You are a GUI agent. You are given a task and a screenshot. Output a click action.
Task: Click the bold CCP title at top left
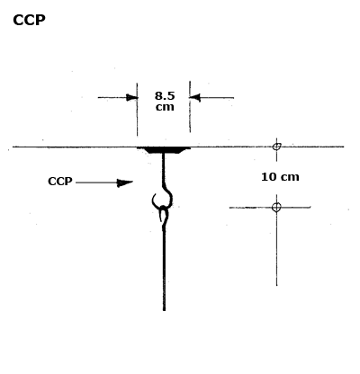tap(29, 21)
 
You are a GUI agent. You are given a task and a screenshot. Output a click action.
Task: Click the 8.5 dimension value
tap(165, 96)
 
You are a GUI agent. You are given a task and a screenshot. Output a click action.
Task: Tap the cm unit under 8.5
tap(165, 107)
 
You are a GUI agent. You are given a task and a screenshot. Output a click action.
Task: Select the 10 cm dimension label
tap(280, 177)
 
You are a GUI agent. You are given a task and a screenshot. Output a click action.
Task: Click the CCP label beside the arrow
tap(60, 182)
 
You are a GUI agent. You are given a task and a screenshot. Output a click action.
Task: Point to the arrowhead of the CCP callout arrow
tap(125, 183)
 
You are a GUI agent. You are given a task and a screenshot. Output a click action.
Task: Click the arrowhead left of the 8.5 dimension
tap(132, 97)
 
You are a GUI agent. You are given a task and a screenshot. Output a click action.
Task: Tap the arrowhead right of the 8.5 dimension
tap(195, 97)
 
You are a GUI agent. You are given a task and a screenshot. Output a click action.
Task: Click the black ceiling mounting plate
tap(164, 150)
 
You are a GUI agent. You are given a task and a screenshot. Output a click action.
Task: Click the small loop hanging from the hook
tap(164, 213)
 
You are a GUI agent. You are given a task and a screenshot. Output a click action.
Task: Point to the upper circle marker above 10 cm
tap(277, 147)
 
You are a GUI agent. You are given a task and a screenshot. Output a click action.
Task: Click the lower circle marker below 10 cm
tap(276, 207)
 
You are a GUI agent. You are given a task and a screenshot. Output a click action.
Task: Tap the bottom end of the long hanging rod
tap(164, 310)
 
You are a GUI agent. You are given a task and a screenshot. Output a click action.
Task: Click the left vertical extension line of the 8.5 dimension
tap(137, 110)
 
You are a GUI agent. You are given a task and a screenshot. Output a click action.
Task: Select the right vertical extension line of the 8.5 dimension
tap(190, 107)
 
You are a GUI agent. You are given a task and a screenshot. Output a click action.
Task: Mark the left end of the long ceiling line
tap(13, 147)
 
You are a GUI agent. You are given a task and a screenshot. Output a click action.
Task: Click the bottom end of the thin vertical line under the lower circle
tap(276, 286)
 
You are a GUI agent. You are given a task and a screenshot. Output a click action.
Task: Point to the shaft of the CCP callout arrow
tap(96, 183)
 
